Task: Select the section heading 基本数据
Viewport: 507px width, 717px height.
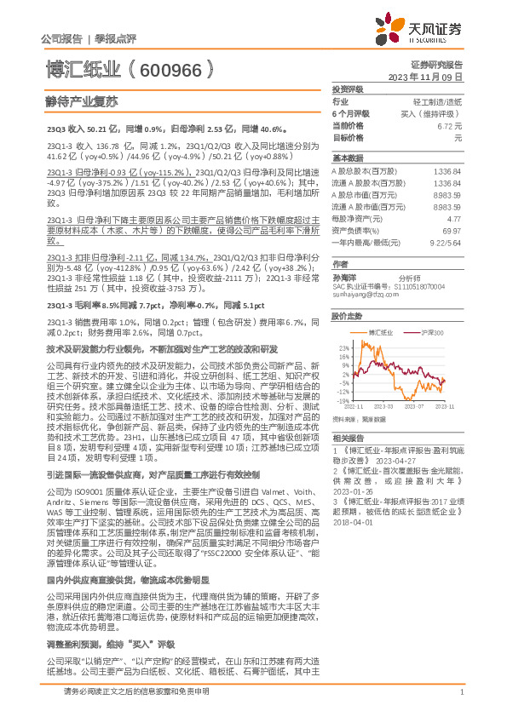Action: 348,158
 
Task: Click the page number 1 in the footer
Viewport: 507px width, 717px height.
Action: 461,692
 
